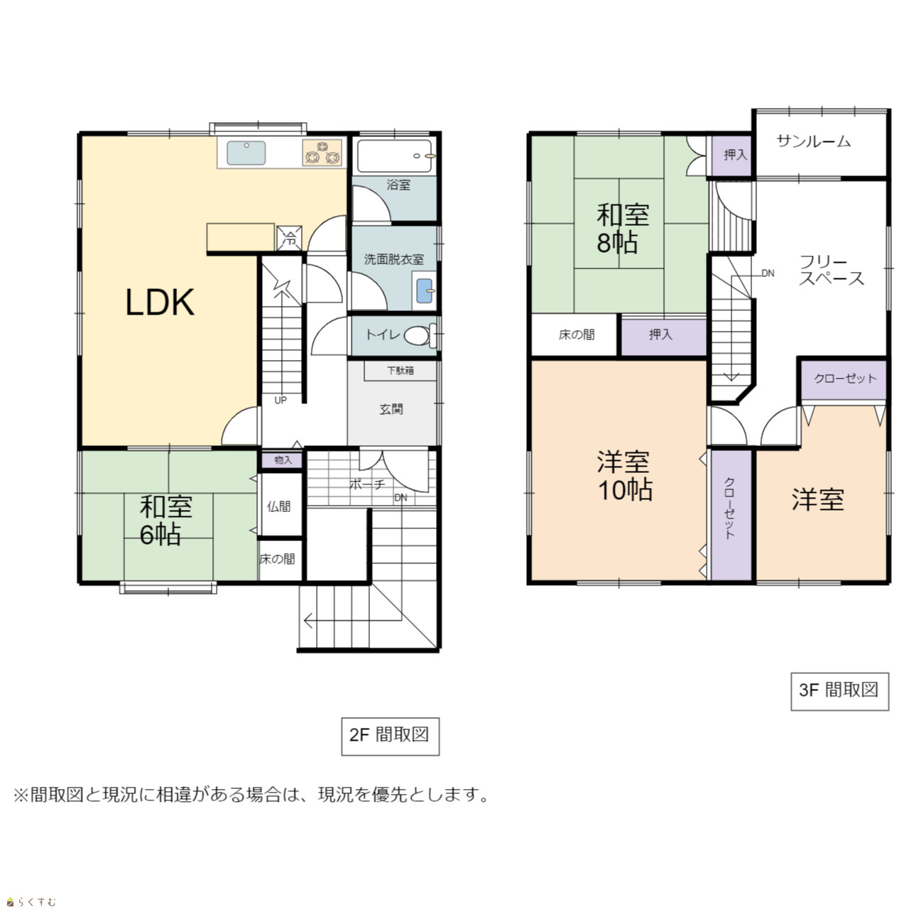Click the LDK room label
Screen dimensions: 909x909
click(160, 303)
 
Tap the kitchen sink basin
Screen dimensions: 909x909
click(246, 153)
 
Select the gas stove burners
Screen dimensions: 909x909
click(322, 153)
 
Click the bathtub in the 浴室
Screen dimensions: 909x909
click(394, 156)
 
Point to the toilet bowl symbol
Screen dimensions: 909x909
click(419, 335)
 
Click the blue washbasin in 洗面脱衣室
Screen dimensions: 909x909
click(424, 291)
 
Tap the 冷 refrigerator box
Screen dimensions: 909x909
click(289, 239)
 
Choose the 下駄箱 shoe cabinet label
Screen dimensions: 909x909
click(400, 371)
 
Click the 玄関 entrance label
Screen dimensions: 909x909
click(391, 409)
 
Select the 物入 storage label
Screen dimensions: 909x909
click(283, 460)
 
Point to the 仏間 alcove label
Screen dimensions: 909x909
click(279, 506)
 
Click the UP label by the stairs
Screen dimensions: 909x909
click(281, 401)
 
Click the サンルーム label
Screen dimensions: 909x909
click(813, 141)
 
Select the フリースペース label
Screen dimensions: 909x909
click(831, 271)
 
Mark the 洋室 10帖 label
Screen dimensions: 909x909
click(624, 476)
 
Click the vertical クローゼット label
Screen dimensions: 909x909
click(729, 508)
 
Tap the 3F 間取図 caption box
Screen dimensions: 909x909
click(839, 692)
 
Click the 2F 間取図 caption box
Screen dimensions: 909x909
click(390, 736)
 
